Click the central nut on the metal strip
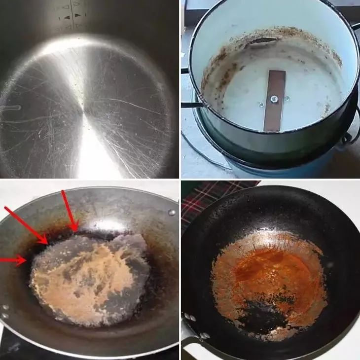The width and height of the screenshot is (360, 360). tap(274, 100)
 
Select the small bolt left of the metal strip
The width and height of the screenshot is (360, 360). tap(261, 105)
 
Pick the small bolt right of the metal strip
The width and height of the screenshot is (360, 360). tap(288, 98)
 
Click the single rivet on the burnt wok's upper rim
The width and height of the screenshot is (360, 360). tap(171, 213)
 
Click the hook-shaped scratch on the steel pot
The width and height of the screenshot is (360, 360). tap(11, 108)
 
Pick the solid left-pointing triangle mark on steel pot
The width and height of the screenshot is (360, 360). tap(66, 17)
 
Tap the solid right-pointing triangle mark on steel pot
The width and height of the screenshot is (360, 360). tap(77, 15)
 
